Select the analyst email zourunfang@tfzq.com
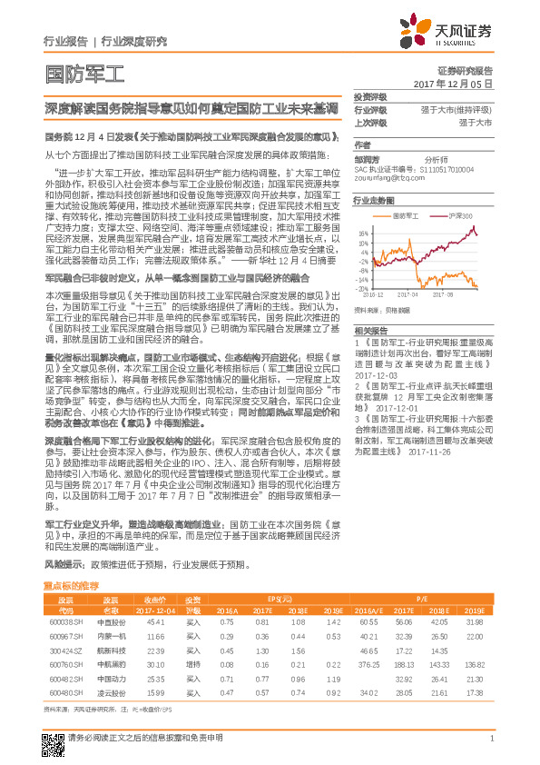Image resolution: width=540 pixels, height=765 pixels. (x=385, y=179)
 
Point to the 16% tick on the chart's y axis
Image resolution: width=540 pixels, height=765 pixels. (x=363, y=231)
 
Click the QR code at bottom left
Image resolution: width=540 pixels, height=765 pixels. (x=52, y=744)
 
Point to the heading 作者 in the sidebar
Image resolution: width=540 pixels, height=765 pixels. (x=361, y=144)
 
